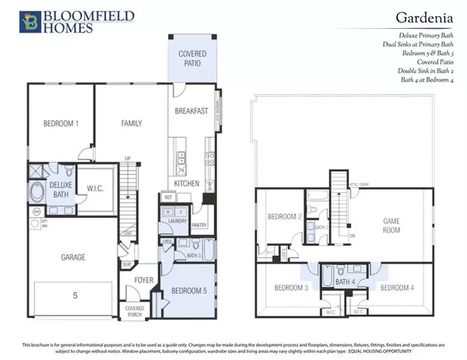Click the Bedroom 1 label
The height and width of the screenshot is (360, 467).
tap(49, 124)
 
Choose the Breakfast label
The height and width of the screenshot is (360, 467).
tap(191, 111)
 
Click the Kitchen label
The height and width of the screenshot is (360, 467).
tap(186, 183)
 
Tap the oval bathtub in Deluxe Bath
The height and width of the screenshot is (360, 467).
tap(37, 192)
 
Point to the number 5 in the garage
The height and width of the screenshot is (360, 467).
tap(74, 295)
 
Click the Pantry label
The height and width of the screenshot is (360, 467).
tap(199, 226)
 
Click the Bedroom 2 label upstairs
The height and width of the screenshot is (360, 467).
tap(284, 217)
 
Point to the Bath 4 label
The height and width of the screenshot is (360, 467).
tap(347, 281)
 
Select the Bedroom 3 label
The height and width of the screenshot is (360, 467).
tap(292, 288)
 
